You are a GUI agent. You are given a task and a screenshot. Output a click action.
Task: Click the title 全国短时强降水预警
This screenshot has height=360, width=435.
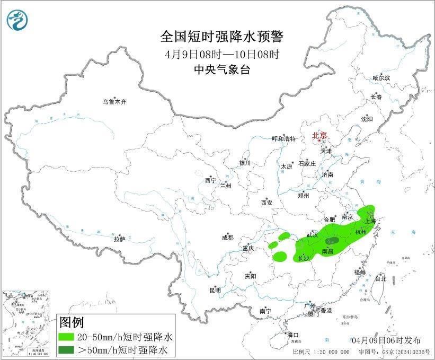[x=222, y=37]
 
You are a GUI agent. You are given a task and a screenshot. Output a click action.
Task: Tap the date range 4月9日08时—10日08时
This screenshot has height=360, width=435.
[x=222, y=54]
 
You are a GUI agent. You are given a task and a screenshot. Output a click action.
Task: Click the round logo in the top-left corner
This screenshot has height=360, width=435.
[x=17, y=20]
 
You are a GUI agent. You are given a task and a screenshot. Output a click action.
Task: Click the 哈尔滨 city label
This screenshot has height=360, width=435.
[x=380, y=78]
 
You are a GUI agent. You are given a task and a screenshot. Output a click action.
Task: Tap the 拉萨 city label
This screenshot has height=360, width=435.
[x=119, y=240]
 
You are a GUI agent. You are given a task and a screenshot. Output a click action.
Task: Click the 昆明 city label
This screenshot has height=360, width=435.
[x=215, y=290]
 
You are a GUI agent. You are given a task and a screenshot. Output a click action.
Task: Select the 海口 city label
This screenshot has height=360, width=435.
[x=293, y=335]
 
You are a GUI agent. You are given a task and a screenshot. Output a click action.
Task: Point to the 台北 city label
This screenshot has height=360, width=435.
[x=380, y=278]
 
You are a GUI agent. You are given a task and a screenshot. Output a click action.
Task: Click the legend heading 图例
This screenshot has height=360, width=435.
[x=71, y=322]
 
